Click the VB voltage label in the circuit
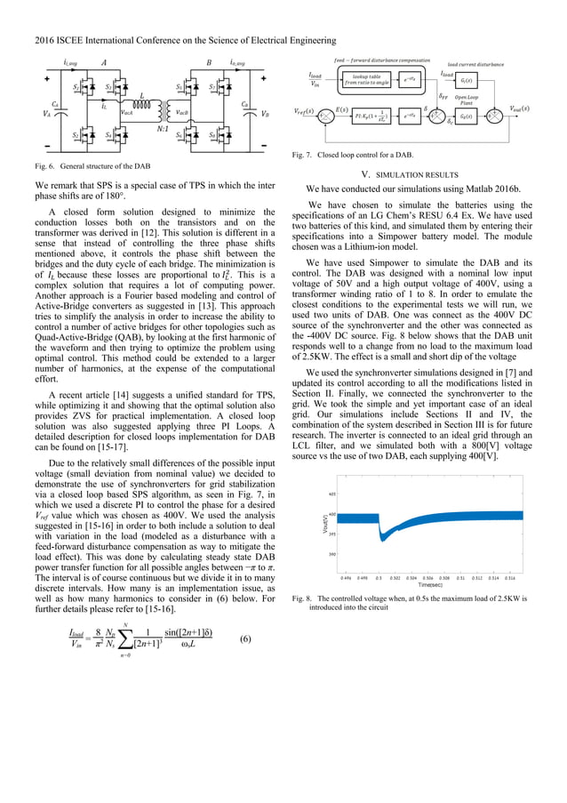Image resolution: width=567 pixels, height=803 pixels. click(266, 114)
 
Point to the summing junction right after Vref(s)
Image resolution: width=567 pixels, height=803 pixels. click(327, 116)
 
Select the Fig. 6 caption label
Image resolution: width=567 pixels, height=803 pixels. click(55, 168)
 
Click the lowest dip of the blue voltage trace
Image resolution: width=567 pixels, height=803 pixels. click(382, 540)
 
